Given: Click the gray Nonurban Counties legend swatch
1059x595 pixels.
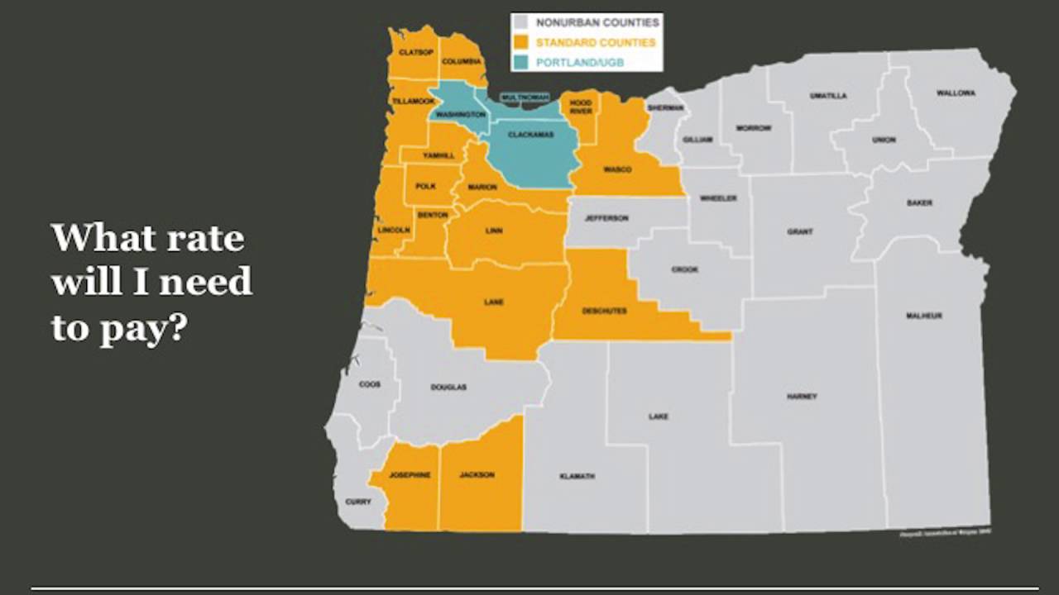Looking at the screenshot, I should pyautogui.click(x=522, y=22).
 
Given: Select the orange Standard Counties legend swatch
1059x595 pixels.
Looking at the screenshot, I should pyautogui.click(x=522, y=42).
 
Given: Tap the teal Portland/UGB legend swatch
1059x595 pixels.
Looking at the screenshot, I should pyautogui.click(x=522, y=62).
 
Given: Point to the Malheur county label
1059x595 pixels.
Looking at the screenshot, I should pyautogui.click(x=924, y=316).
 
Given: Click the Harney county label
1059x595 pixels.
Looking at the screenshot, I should pyautogui.click(x=802, y=397).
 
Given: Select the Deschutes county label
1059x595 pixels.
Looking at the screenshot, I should pyautogui.click(x=604, y=311).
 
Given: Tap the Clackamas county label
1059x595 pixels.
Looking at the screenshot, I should pyautogui.click(x=530, y=134).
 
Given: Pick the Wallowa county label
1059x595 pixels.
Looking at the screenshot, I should pyautogui.click(x=956, y=93).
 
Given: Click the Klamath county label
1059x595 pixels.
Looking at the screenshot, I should pyautogui.click(x=577, y=476).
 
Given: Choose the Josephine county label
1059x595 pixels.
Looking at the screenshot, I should pyautogui.click(x=410, y=474).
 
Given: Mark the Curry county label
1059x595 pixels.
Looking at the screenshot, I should pyautogui.click(x=358, y=502).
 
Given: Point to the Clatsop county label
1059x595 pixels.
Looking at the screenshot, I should pyautogui.click(x=416, y=52).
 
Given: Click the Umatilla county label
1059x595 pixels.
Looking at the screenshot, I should pyautogui.click(x=828, y=96).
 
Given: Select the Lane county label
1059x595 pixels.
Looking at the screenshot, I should pyautogui.click(x=494, y=302).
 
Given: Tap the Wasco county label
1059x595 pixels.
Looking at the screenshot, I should pyautogui.click(x=617, y=169).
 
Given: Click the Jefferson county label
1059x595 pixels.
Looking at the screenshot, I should pyautogui.click(x=606, y=218).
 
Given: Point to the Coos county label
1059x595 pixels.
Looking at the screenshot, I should pyautogui.click(x=370, y=384).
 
